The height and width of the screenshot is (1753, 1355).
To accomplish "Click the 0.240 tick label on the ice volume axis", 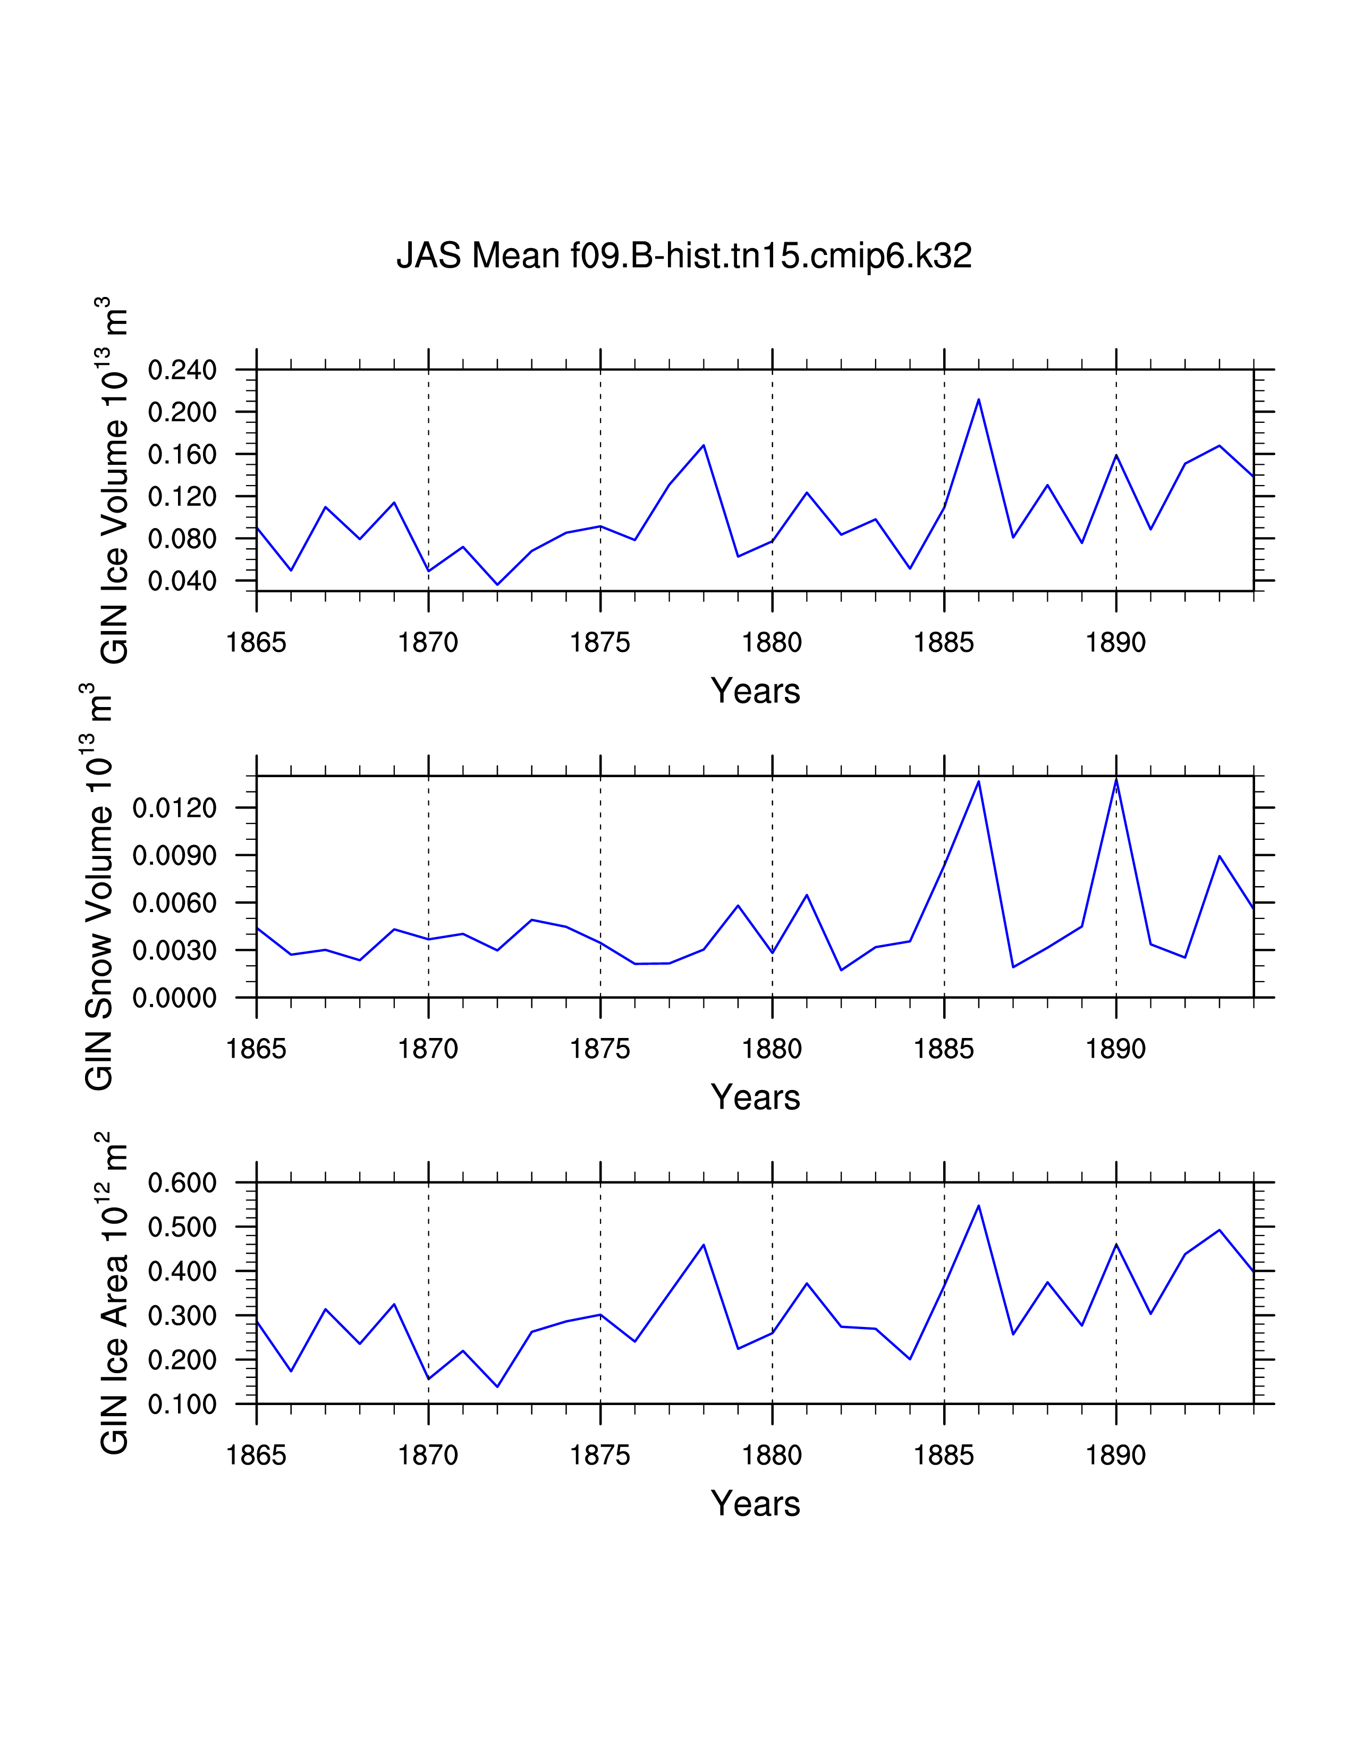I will point(182,371).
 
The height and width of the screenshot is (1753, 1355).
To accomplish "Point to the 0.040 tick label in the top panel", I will point(182,581).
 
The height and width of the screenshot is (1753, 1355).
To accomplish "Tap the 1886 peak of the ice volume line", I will point(978,399).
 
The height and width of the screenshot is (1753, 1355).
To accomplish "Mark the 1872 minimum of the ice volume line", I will point(498,584).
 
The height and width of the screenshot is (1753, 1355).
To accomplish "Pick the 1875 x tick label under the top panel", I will point(599,643).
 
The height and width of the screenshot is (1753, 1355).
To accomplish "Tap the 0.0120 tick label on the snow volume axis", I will point(175,809).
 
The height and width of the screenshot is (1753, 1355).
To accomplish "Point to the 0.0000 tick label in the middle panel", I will point(175,999).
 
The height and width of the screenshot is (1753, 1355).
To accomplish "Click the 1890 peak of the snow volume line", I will point(1116,779).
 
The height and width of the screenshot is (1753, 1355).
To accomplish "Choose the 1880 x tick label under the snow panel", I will point(772,1049).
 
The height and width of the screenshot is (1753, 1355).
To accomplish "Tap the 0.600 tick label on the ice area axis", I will point(182,1183).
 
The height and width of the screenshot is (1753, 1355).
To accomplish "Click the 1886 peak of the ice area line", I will point(978,1206).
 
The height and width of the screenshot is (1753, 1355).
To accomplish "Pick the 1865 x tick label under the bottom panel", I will point(256,1455).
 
